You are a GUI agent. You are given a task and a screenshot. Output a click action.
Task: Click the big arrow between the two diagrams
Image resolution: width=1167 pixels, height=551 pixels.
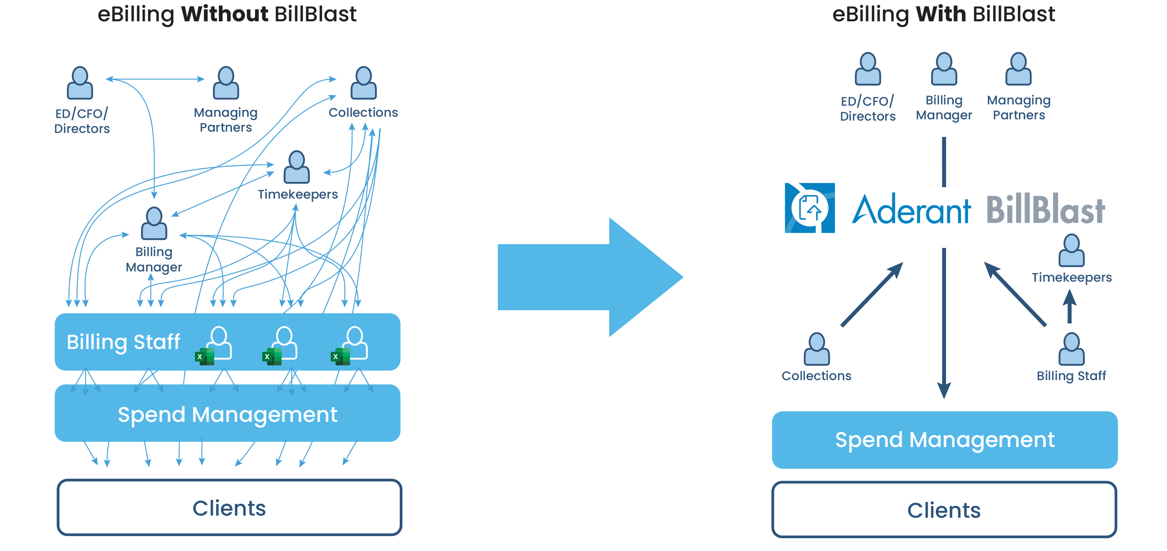589,277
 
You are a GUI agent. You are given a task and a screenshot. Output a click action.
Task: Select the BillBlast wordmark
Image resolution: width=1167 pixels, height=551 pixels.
1046,210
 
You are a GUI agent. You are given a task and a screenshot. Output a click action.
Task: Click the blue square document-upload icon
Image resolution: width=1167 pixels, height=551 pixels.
809,208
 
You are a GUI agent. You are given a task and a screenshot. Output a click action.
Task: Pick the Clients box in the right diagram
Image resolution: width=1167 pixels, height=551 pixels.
944,510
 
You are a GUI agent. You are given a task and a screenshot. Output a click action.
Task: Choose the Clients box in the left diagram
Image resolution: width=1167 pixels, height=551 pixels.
229,508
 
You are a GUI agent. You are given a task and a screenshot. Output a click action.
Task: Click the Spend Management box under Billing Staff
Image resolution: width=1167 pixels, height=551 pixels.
227,414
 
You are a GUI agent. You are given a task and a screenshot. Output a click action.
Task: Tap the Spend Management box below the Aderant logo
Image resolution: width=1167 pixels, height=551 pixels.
945,439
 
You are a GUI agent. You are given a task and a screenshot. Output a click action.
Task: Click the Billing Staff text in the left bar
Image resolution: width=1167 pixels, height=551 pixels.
123,342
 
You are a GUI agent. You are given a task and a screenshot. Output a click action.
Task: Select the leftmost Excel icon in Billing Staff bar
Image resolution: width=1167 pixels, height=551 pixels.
204,356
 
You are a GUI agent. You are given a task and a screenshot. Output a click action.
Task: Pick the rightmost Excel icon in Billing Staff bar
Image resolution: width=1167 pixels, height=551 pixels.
340,356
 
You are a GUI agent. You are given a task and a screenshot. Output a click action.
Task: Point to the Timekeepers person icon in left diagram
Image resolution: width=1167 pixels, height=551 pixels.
297,167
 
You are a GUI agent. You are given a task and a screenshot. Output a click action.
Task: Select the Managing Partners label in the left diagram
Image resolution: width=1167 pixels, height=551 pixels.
226,120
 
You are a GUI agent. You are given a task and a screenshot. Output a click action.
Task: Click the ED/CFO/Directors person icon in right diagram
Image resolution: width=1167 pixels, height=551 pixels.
868,69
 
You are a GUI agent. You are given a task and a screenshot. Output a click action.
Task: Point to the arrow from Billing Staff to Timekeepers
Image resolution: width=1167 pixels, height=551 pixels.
1070,306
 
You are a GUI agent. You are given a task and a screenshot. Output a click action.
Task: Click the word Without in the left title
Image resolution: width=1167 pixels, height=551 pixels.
224,14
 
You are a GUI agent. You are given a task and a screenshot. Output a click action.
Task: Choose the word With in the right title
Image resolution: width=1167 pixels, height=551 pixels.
940,14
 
